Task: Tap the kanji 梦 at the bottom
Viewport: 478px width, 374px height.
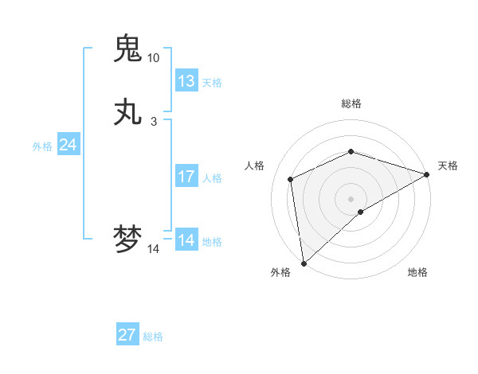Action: click(128, 239)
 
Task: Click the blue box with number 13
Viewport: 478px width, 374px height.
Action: click(186, 81)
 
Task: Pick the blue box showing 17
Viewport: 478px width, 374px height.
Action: click(186, 177)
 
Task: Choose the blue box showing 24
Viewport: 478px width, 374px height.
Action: click(69, 145)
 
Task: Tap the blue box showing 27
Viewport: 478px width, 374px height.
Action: click(127, 335)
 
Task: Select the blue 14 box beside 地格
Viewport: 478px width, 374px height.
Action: click(186, 240)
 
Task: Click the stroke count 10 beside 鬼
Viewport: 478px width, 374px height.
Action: click(153, 57)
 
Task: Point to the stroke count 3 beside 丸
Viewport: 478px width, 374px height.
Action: click(153, 122)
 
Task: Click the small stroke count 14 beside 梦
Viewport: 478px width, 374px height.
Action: click(153, 249)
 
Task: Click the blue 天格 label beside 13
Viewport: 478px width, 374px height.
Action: click(212, 82)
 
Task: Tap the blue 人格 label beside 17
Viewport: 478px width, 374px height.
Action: click(212, 177)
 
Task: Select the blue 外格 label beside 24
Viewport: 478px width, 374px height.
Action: click(42, 146)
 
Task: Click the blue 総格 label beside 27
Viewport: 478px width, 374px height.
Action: click(153, 336)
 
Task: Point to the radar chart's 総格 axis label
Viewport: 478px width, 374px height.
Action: click(351, 103)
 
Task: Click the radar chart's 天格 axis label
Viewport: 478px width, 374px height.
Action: click(448, 166)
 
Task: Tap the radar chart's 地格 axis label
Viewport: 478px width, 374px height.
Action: click(417, 272)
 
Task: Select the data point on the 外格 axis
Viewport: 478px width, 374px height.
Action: click(303, 263)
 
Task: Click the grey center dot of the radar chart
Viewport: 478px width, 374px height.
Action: click(351, 198)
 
